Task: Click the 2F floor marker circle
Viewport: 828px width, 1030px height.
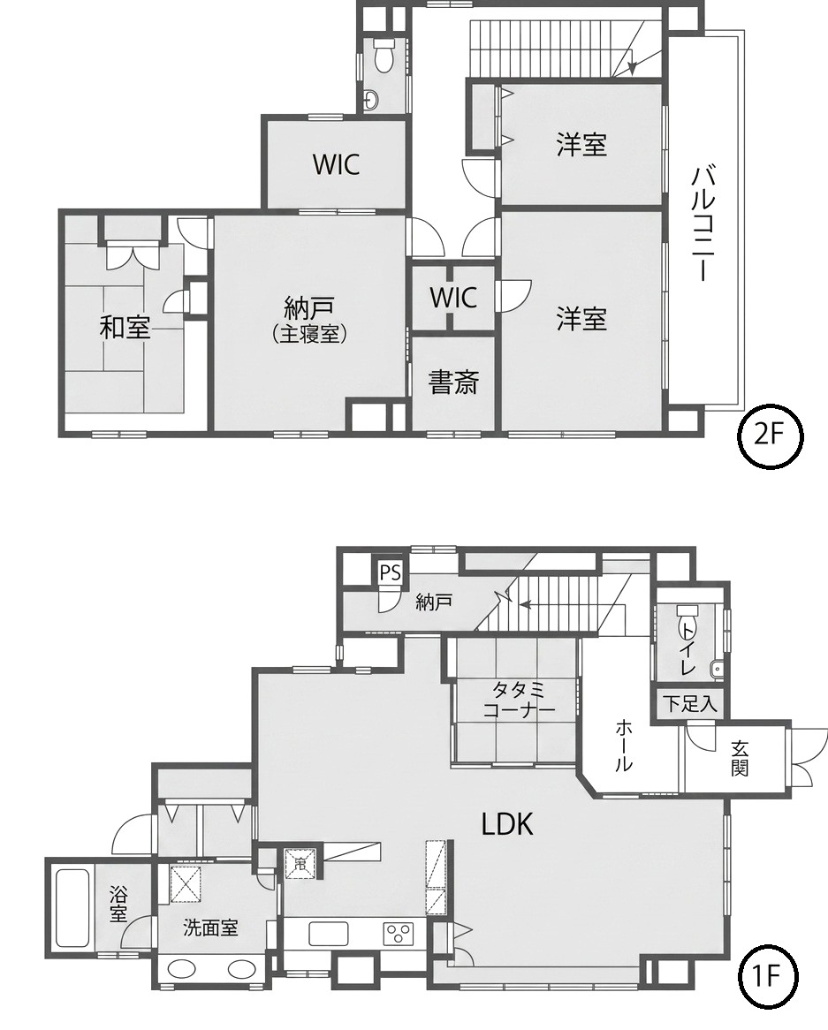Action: (769, 436)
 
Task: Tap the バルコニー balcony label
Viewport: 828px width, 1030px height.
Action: (703, 224)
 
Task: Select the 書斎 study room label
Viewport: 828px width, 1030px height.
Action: (453, 382)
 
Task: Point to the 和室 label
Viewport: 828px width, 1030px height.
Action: (125, 327)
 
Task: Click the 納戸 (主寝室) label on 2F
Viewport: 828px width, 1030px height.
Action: (309, 320)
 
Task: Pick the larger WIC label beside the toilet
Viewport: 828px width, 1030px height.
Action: (336, 164)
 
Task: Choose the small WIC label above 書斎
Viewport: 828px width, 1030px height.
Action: (453, 298)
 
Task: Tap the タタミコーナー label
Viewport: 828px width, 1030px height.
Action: (519, 699)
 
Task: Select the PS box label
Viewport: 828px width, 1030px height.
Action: (390, 572)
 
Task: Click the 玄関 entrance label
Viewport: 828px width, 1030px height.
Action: (741, 757)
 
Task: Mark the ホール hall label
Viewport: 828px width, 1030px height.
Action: (624, 745)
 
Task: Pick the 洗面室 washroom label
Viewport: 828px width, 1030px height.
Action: (210, 928)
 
